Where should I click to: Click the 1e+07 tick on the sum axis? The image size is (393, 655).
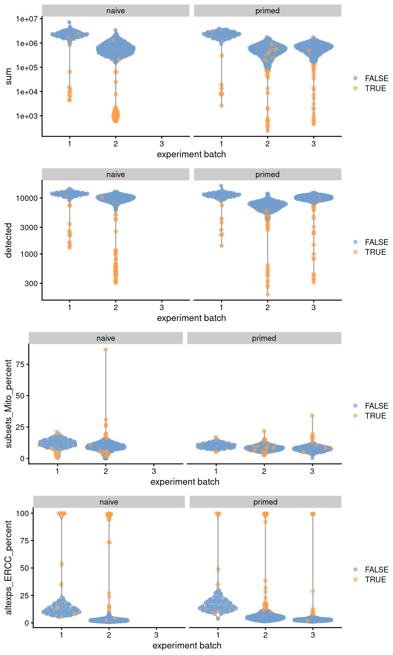[27, 19]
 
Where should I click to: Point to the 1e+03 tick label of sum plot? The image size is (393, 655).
[27, 116]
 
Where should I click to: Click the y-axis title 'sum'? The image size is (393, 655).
[9, 76]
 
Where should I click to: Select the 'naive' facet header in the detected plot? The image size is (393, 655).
[116, 174]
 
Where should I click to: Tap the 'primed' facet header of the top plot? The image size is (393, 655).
[267, 11]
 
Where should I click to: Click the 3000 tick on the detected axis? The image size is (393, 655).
[29, 228]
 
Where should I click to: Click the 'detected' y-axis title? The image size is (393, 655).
[9, 240]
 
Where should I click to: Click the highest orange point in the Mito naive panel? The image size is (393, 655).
[106, 350]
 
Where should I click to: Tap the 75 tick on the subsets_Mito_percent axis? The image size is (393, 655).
[20, 364]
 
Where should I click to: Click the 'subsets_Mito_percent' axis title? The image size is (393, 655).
[9, 404]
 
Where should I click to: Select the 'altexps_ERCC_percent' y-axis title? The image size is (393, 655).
[9, 567]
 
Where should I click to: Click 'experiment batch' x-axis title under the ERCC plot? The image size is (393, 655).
[187, 645]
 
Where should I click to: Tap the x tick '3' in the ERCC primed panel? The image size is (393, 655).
[313, 635]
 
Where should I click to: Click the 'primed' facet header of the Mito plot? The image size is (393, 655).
[264, 338]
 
